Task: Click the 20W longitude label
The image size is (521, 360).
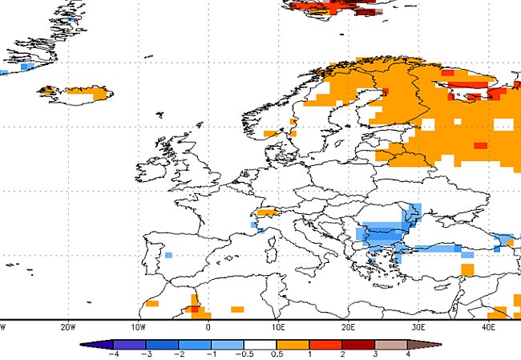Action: tap(68, 327)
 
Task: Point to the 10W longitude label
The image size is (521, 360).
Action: tap(138, 327)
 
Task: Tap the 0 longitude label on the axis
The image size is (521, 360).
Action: tap(208, 327)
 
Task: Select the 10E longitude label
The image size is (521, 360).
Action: tap(278, 327)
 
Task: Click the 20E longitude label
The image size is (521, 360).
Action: tap(349, 327)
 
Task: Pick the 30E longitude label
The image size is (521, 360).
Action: tap(418, 327)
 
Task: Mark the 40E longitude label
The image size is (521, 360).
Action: tap(489, 327)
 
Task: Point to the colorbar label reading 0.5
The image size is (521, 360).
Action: tap(277, 354)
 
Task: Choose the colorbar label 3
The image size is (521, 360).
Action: tap(375, 354)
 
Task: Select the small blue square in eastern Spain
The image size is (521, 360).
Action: tap(169, 255)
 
